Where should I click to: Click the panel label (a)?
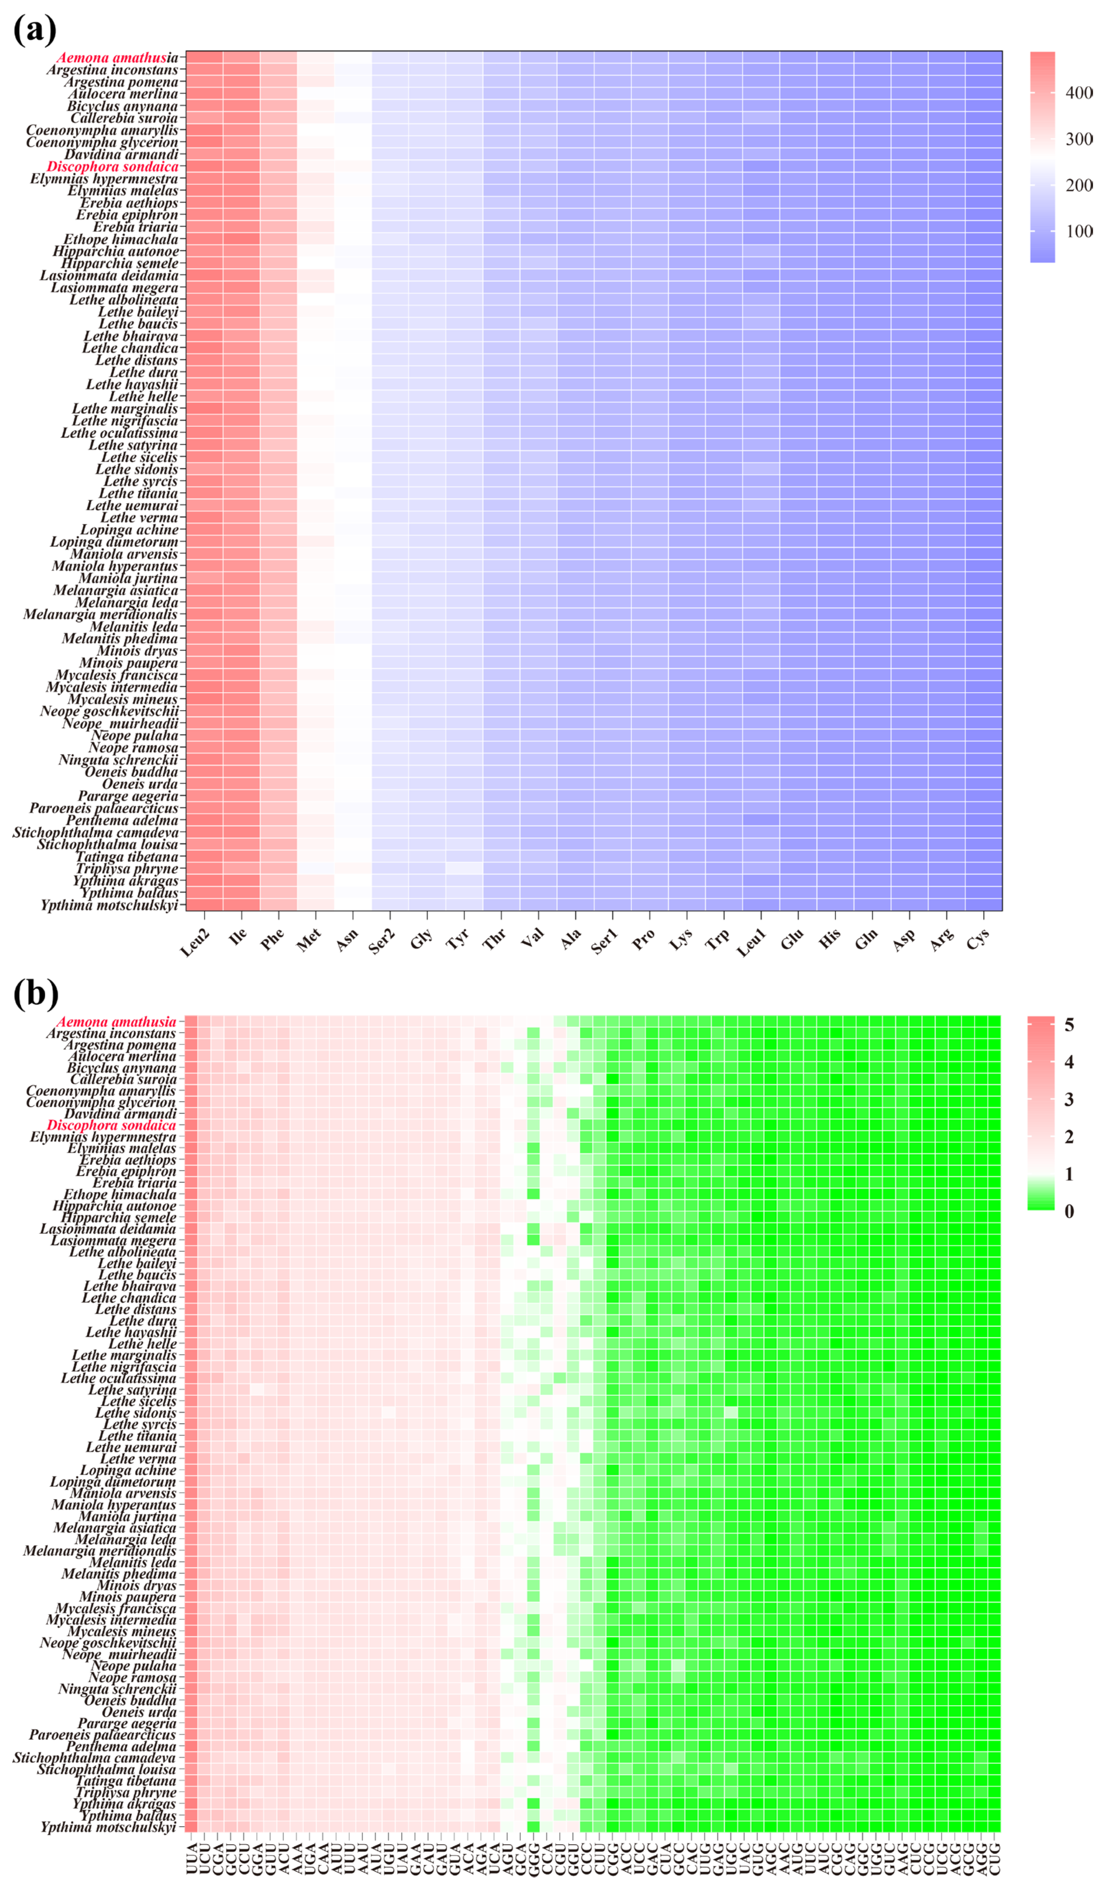pos(34,30)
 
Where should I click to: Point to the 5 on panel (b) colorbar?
pos(1069,1025)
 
